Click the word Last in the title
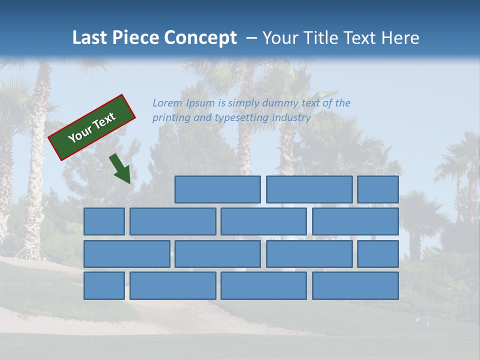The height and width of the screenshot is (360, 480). [90, 38]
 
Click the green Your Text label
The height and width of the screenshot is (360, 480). [91, 127]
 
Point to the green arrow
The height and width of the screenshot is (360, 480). [120, 168]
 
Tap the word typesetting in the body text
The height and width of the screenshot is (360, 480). [241, 118]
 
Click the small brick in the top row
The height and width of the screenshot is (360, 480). [378, 189]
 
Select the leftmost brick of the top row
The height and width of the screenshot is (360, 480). [217, 189]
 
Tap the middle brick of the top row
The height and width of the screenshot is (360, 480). [309, 189]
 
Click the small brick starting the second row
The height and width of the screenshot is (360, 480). [104, 221]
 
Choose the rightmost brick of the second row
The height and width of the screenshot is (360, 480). [355, 221]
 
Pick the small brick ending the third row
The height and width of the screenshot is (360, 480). [378, 254]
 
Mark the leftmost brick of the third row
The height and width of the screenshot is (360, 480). [126, 254]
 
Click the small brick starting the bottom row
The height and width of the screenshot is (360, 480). [104, 286]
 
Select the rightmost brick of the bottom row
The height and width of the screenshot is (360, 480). [355, 286]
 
